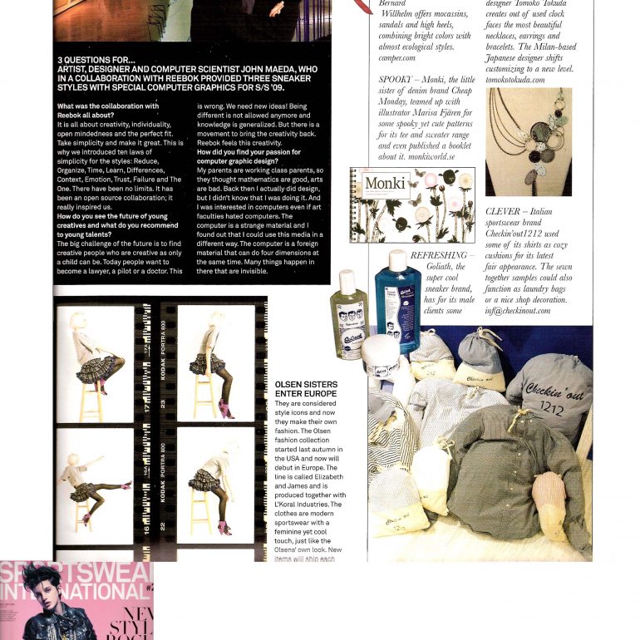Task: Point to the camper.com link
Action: coord(398,59)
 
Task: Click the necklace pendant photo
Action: coord(529,141)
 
